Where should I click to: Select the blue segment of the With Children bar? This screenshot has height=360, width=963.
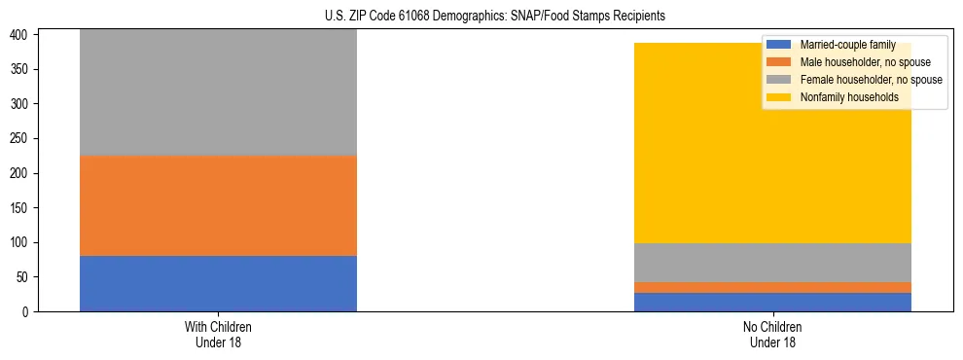218,283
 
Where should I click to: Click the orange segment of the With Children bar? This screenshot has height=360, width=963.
218,205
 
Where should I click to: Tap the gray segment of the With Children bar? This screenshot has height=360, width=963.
218,93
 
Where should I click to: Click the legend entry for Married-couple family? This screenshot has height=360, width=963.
847,45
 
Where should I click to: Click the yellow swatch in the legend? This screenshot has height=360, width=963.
779,97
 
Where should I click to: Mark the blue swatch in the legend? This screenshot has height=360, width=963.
779,45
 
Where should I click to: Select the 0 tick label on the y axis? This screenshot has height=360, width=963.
28,311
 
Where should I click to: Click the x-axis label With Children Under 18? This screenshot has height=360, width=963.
218,334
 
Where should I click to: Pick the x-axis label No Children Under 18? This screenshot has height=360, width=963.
772,334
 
